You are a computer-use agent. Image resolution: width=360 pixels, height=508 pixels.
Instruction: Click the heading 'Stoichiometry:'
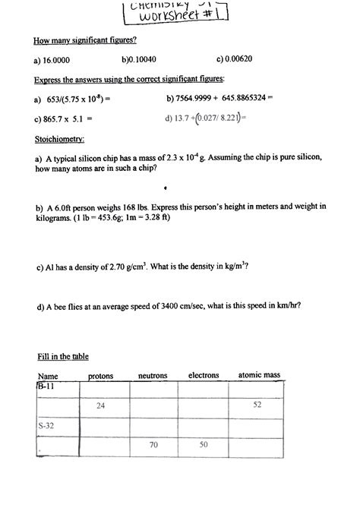coord(59,139)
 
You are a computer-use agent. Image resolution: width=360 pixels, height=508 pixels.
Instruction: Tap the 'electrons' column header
coord(203,375)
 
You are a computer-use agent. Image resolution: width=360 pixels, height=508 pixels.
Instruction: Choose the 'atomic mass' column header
coord(259,375)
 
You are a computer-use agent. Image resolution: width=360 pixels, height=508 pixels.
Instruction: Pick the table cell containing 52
coord(257,405)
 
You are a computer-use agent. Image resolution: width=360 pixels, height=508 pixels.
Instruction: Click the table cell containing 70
coord(153,444)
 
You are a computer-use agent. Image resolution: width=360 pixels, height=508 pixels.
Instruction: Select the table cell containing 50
coord(204,444)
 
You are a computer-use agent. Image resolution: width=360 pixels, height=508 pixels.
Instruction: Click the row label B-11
coord(46,387)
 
